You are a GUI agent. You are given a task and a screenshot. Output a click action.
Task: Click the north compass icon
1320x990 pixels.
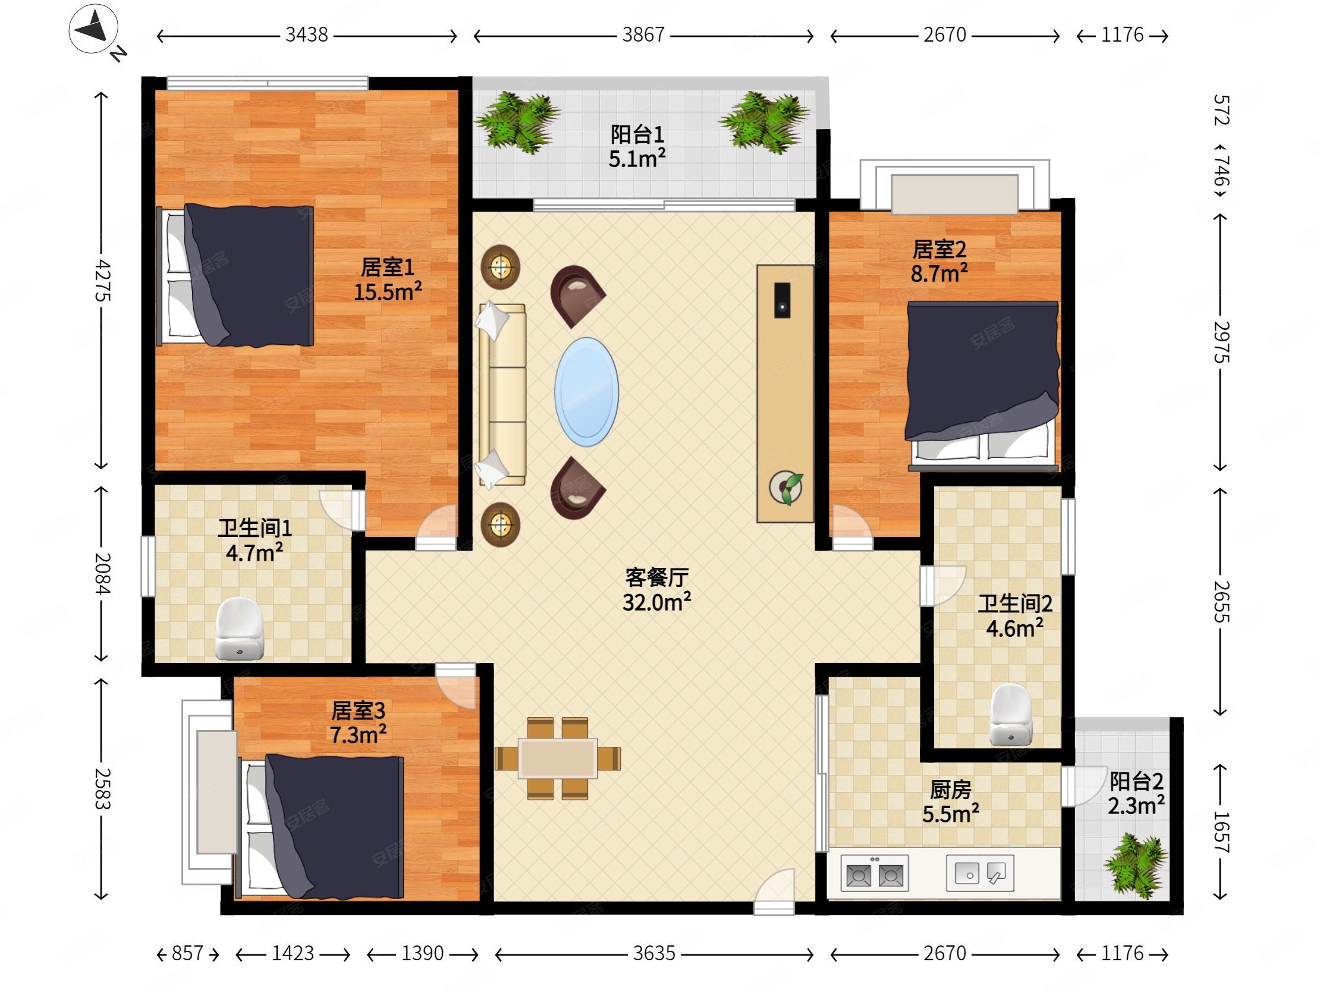coord(94,29)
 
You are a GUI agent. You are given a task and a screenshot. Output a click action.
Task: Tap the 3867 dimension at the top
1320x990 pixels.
coord(643,35)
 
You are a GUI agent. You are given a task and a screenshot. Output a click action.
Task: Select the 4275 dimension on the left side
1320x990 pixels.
coord(102,281)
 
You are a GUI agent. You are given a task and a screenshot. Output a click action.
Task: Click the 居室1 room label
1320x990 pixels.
coord(387,268)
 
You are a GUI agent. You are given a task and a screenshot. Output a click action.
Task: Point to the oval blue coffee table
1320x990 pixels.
coord(587,392)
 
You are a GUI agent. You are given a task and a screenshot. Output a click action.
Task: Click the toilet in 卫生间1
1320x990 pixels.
coord(239,629)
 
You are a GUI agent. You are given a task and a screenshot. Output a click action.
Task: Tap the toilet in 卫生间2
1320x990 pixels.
coord(1011,715)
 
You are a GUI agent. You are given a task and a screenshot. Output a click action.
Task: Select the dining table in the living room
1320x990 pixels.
coord(557,759)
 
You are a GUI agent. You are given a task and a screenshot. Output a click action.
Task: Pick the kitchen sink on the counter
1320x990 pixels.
coord(980,873)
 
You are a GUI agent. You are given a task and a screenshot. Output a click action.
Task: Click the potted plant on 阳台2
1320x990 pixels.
coord(1136,865)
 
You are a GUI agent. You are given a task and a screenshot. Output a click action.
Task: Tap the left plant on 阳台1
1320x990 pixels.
coord(517,122)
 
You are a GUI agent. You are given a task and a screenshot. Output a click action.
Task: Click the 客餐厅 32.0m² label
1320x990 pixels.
coord(656,590)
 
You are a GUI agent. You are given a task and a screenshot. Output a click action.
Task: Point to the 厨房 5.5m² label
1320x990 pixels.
coord(951,802)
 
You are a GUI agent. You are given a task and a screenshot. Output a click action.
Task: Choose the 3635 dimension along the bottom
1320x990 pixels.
coord(654,953)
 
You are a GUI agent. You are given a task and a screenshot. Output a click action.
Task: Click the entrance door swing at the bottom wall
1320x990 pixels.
coord(775,891)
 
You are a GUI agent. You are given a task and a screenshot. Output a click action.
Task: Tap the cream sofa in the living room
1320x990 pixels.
coord(501,394)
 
